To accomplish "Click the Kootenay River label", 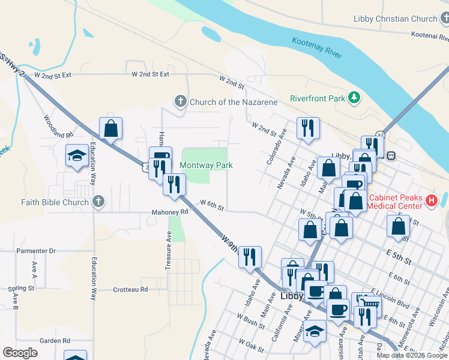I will (317, 47).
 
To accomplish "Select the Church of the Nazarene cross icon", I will (181, 101).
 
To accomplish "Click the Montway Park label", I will (206, 165).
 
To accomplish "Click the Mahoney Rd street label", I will (170, 212).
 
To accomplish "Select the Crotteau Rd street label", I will (130, 289).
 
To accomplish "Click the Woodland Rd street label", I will (58, 127).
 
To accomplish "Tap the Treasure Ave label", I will (169, 245).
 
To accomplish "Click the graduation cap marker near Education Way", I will (77, 156).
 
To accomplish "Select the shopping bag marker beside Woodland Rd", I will (110, 128).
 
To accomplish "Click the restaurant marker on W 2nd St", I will (308, 128).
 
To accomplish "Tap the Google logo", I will (20, 353).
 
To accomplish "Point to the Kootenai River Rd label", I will (426, 36).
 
